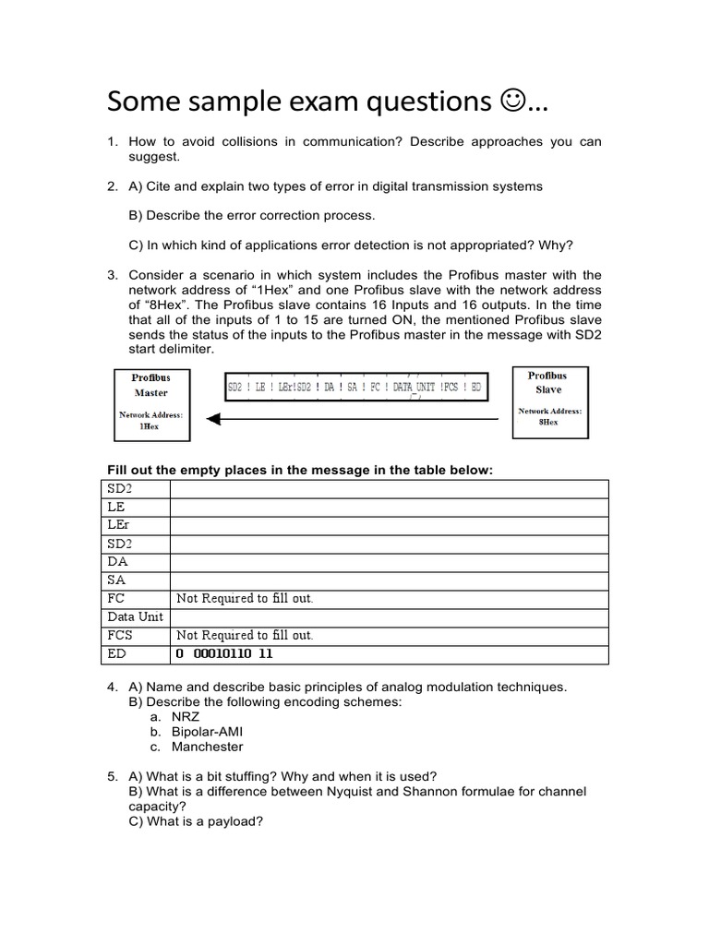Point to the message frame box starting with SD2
pos(355,388)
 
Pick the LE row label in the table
pos(116,507)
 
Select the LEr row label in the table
pos(119,525)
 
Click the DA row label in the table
pos(117,562)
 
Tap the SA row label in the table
pos(116,580)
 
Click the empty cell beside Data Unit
pos(389,617)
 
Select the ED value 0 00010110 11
pos(224,654)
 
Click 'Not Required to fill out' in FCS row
pos(245,636)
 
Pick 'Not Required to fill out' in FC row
pos(245,599)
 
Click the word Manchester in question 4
pos(208,747)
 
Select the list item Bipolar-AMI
pos(207,732)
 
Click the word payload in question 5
pos(234,821)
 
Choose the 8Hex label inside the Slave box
pos(547,422)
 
